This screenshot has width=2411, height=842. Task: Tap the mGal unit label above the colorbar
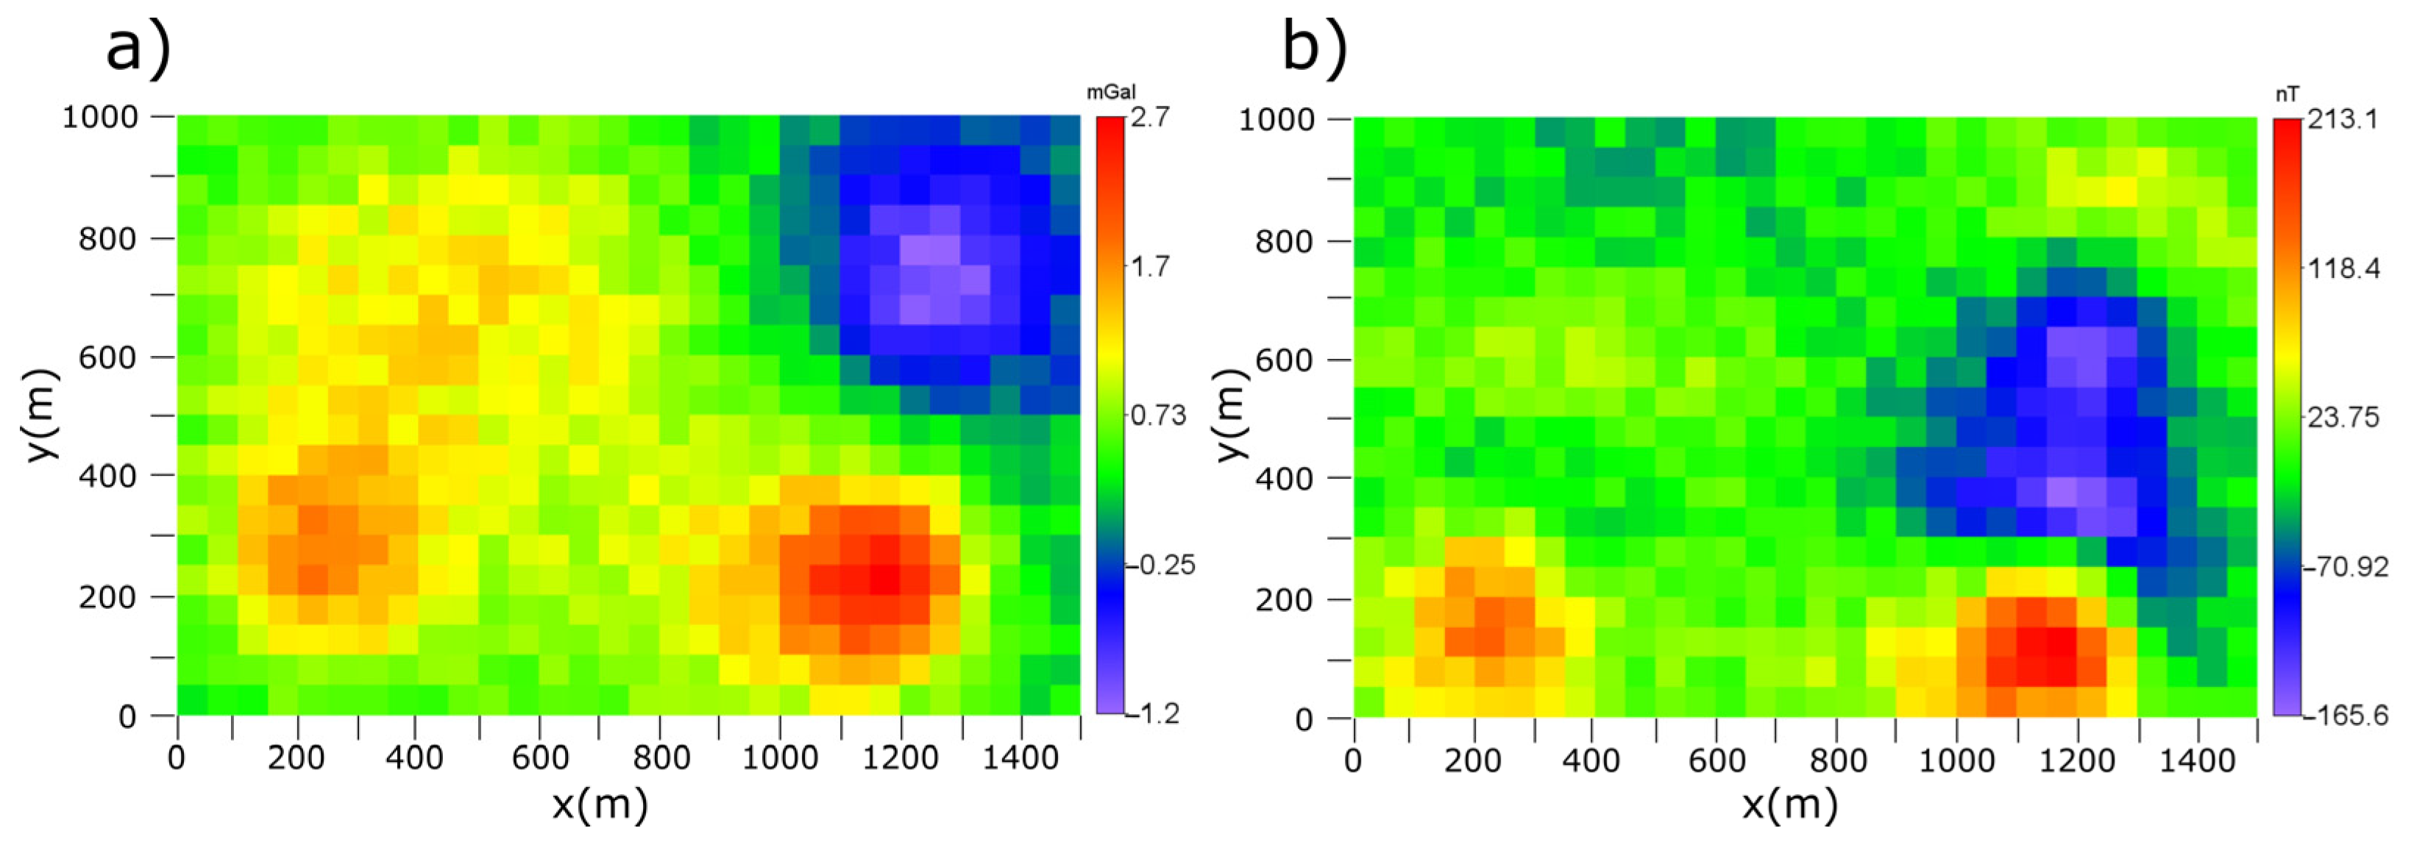1110,93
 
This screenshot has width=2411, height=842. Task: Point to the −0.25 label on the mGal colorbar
1165,565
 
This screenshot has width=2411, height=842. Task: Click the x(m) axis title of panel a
599,804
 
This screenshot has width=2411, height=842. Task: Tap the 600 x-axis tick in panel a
540,757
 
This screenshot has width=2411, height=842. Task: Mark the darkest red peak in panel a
884,580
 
